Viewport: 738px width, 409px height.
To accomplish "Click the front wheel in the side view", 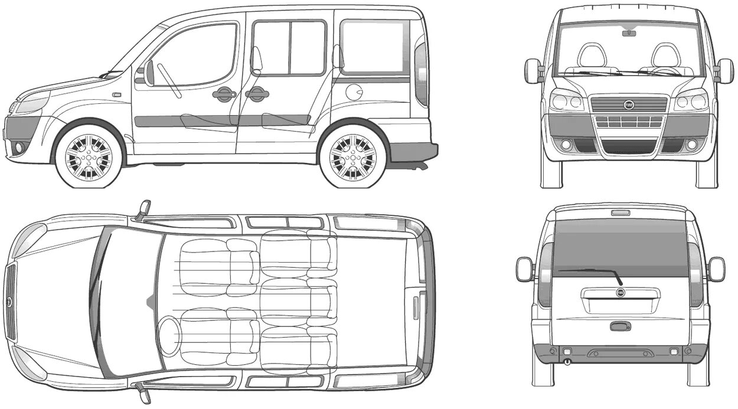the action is (x=89, y=158).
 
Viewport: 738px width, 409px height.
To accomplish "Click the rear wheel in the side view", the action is (x=352, y=158).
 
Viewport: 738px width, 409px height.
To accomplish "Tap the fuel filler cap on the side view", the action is (x=354, y=92).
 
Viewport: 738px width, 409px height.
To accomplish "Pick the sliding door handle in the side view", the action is (x=257, y=94).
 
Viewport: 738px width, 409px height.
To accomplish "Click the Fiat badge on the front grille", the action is (x=629, y=105).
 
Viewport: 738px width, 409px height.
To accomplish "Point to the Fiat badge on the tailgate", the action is (x=621, y=293).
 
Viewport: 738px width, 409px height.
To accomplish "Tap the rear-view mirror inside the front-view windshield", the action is (x=629, y=33).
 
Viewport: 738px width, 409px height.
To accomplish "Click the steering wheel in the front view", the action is (x=665, y=71).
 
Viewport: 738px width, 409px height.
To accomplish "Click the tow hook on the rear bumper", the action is (x=567, y=361).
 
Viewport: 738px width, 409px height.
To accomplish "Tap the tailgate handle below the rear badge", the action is (x=620, y=326).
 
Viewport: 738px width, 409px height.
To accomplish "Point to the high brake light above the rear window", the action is (x=620, y=212).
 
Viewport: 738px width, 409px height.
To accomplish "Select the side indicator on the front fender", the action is (x=116, y=94).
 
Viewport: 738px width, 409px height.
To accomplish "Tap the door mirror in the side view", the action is (x=149, y=73).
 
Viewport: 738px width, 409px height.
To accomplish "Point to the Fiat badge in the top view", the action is (x=9, y=302).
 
